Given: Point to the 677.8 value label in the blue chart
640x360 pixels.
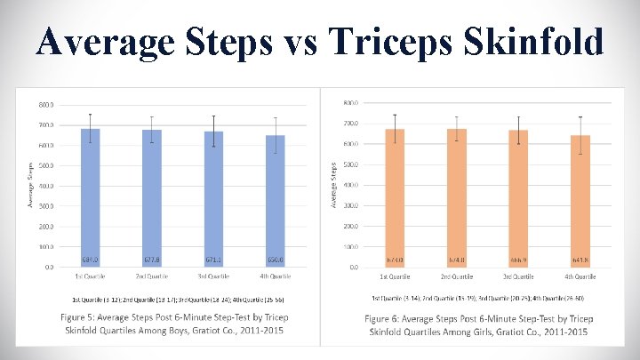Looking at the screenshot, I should (152, 260).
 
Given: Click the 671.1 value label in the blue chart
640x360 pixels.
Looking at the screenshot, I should (214, 260).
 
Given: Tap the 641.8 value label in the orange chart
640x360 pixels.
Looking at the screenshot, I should (580, 260).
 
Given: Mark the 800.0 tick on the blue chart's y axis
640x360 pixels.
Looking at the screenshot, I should (45, 104).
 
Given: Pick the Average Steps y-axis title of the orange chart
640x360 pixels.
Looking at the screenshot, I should (333, 185).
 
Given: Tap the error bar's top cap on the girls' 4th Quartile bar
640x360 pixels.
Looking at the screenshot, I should (580, 116).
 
